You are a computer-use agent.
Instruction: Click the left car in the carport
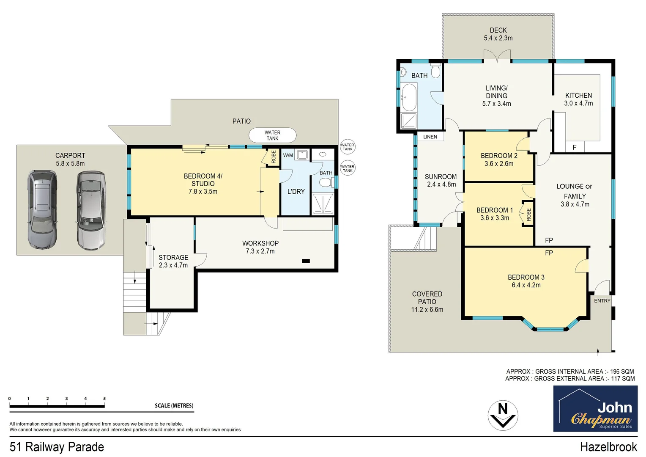pyautogui.click(x=42, y=209)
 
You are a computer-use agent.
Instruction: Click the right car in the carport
pyautogui.click(x=90, y=209)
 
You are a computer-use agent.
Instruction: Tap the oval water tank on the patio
pyautogui.click(x=272, y=135)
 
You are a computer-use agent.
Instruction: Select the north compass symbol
pyautogui.click(x=503, y=415)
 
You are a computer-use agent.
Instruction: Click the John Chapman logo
pyautogui.click(x=595, y=409)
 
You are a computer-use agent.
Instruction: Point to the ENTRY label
pyautogui.click(x=602, y=301)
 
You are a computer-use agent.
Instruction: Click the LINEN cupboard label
pyautogui.click(x=430, y=137)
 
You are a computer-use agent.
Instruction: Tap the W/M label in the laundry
pyautogui.click(x=288, y=155)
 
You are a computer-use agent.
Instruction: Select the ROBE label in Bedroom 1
pyautogui.click(x=528, y=215)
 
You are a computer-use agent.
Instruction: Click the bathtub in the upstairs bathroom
pyautogui.click(x=409, y=97)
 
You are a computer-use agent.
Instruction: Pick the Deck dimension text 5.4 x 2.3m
pyautogui.click(x=498, y=38)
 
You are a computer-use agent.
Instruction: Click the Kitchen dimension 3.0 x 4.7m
pyautogui.click(x=578, y=103)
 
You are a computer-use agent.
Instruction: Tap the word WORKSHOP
pyautogui.click(x=260, y=243)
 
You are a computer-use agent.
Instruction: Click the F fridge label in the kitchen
pyautogui.click(x=574, y=147)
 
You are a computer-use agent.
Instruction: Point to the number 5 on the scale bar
pyautogui.click(x=104, y=399)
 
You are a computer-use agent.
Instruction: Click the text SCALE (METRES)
pyautogui.click(x=174, y=405)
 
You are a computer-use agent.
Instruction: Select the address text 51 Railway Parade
pyautogui.click(x=57, y=447)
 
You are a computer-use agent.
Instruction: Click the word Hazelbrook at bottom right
pyautogui.click(x=608, y=447)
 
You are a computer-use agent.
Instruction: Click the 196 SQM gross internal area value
pyautogui.click(x=622, y=372)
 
